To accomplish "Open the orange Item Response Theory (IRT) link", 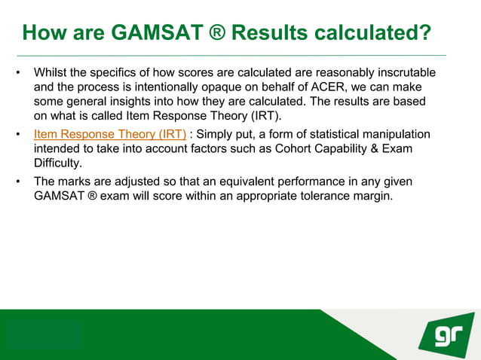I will click(110, 134).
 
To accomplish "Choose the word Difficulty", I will click(58, 163).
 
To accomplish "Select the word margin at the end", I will click(375, 197).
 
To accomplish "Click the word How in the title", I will click(44, 33).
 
